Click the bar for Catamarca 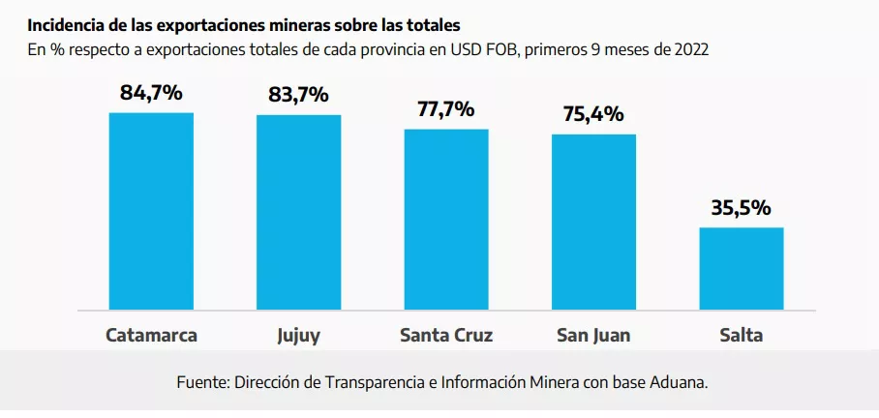(151, 212)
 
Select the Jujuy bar (298, 213)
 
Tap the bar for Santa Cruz (446, 220)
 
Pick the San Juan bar (593, 223)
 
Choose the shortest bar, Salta (742, 269)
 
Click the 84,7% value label (151, 93)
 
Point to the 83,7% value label (298, 95)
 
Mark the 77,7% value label (446, 108)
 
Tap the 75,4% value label (593, 114)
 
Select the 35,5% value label (742, 207)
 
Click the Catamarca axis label (151, 337)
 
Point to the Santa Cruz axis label (446, 337)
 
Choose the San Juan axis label (593, 337)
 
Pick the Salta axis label (742, 337)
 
